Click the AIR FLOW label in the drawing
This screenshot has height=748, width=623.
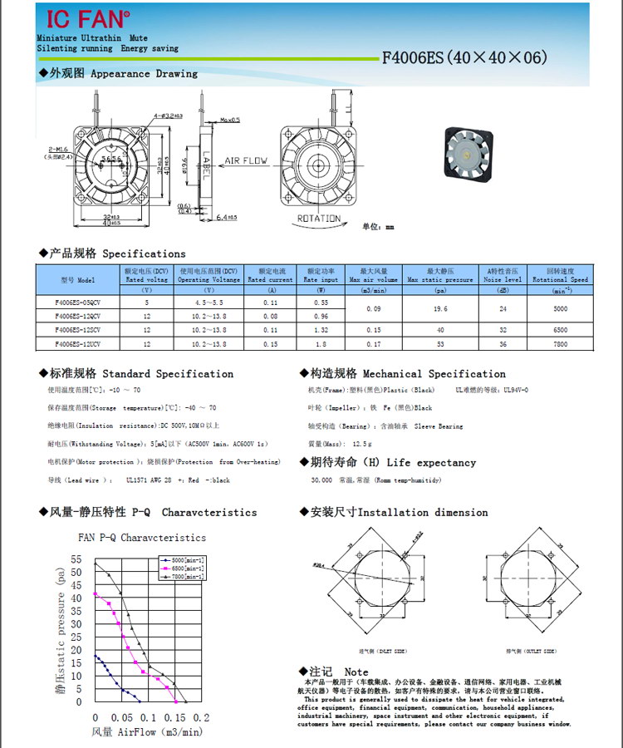coord(246,160)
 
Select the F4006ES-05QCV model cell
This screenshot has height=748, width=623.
coord(78,303)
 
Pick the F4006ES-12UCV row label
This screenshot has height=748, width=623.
coord(78,342)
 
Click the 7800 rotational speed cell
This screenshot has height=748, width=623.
coord(560,342)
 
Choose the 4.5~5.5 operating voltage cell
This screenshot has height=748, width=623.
coord(208,303)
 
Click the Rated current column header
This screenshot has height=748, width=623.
coord(271,275)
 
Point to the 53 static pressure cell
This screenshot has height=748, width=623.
coord(440,342)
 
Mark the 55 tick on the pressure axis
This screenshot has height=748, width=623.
coord(77,559)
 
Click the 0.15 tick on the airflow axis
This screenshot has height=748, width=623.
coord(174,717)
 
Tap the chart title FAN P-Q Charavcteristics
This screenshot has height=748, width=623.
coord(141,538)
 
